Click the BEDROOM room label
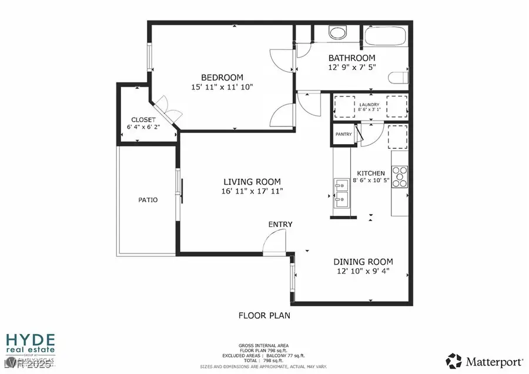[222, 78]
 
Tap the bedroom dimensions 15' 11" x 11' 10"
[222, 88]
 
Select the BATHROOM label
[351, 58]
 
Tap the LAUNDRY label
[369, 105]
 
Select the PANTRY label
[343, 134]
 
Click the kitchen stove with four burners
[400, 177]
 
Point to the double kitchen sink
[341, 193]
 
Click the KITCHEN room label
[371, 173]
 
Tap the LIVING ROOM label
[252, 182]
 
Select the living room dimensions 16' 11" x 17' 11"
[252, 192]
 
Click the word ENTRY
[280, 225]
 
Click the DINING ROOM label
[363, 262]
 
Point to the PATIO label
[148, 200]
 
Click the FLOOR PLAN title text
[264, 316]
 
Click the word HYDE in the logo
[30, 340]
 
